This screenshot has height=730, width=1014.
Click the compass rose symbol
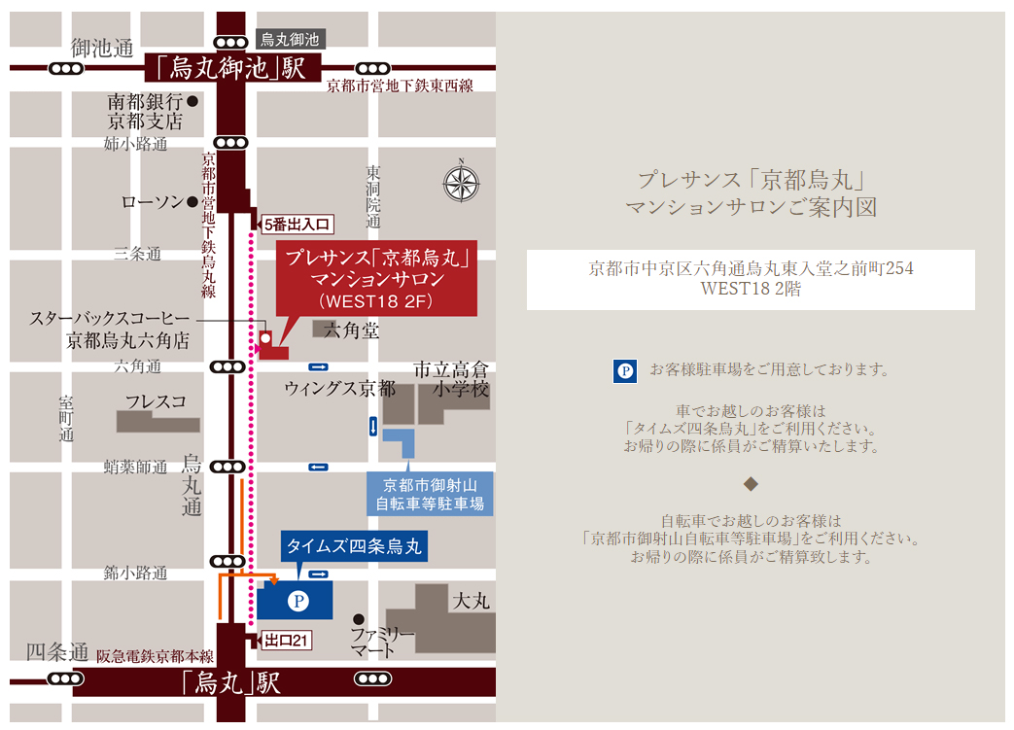[x=462, y=184]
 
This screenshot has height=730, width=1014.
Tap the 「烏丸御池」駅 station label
[x=225, y=68]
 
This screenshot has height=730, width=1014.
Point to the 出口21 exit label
[x=286, y=641]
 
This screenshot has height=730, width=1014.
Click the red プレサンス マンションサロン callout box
[x=376, y=279]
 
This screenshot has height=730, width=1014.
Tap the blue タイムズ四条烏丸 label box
[x=355, y=546]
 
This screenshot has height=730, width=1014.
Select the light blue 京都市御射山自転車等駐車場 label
[x=429, y=495]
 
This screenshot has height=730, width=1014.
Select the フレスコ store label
[x=156, y=400]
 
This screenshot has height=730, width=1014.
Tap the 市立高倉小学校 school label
[x=451, y=379]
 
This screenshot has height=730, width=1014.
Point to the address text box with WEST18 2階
[x=750, y=280]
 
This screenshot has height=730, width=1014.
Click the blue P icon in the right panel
[x=625, y=370]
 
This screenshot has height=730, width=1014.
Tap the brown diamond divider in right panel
[x=750, y=483]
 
